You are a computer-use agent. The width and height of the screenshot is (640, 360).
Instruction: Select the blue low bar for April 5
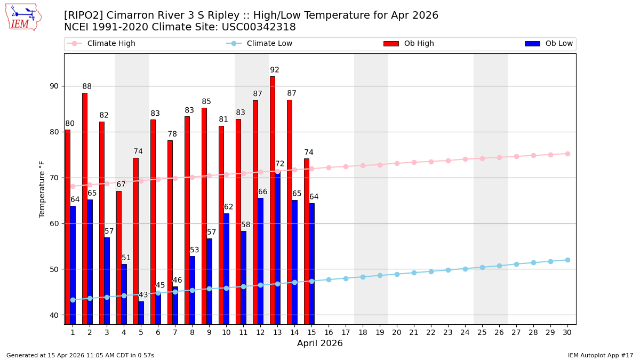pyautogui.click(x=141, y=313)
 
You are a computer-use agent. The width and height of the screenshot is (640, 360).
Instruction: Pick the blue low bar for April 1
pyautogui.click(x=73, y=265)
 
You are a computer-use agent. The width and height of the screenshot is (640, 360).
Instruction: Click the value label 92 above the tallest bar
pyautogui.click(x=275, y=70)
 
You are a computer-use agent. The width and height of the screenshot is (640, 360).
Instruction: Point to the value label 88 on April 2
pyautogui.click(x=87, y=86)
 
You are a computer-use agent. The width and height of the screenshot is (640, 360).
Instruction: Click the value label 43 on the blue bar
pyautogui.click(x=143, y=295)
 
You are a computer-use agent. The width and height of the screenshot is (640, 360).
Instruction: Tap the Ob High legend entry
pyautogui.click(x=409, y=44)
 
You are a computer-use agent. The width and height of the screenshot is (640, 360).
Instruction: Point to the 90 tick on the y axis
pyautogui.click(x=54, y=86)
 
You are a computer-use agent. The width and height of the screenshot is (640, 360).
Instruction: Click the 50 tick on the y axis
pyautogui.click(x=54, y=269)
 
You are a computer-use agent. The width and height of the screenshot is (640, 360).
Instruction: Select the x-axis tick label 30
pyautogui.click(x=567, y=332)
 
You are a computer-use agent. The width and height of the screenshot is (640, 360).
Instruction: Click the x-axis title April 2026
pyautogui.click(x=320, y=343)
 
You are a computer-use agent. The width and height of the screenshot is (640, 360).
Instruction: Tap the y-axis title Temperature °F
pyautogui.click(x=42, y=189)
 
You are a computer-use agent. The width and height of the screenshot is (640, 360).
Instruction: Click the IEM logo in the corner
pyautogui.click(x=23, y=17)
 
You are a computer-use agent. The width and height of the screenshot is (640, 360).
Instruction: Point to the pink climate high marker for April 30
pyautogui.click(x=567, y=154)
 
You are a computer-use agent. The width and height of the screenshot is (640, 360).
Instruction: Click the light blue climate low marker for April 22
pyautogui.click(x=431, y=271)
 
